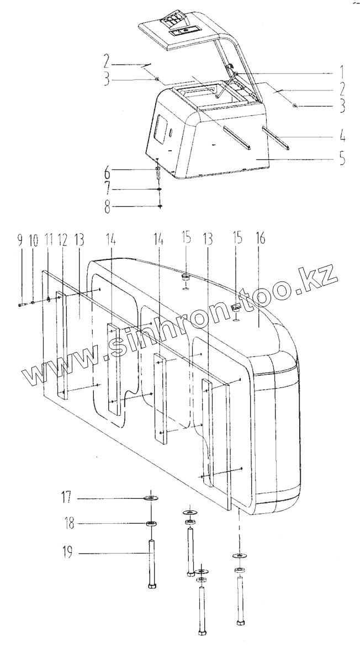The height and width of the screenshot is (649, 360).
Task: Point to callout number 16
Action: (x=261, y=239)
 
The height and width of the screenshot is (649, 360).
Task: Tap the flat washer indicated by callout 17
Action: (x=151, y=498)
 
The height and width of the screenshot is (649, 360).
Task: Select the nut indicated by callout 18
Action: (x=151, y=523)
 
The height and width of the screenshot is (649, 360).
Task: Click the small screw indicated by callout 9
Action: (x=22, y=304)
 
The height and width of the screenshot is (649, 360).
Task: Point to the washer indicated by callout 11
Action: (x=49, y=300)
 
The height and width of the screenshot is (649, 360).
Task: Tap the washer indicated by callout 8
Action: (x=160, y=206)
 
